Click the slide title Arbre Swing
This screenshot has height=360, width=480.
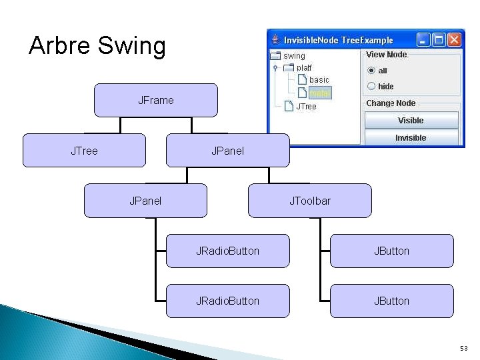tap(97, 46)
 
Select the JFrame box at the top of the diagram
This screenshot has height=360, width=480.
tap(155, 100)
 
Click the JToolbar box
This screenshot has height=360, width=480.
tap(309, 201)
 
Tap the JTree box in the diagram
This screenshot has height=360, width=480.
tap(84, 151)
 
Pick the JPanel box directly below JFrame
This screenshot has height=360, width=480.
tap(227, 151)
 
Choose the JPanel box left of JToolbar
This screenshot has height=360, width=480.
tap(145, 201)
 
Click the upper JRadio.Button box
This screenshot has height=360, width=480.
tap(227, 251)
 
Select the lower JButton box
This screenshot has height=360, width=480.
tap(391, 301)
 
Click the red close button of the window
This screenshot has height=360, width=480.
tap(455, 40)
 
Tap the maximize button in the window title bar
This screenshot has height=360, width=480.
tap(439, 40)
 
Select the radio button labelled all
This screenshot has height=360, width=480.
tap(371, 71)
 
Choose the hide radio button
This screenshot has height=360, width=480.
tap(371, 86)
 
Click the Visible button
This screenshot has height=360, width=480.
tap(411, 121)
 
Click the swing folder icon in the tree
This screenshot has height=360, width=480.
tap(275, 56)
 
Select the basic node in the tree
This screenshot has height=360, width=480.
tap(319, 80)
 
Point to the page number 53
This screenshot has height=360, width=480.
tap(464, 348)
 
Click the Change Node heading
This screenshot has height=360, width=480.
tap(391, 103)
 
